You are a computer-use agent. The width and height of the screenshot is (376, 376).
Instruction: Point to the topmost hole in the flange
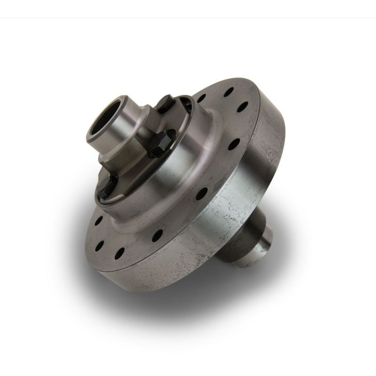(228, 92)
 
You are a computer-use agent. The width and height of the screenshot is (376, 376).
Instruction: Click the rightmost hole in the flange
(243, 107)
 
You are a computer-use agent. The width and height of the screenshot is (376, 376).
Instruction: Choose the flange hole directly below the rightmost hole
(234, 144)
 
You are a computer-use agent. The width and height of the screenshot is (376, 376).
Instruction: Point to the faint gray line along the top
(188, 17)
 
